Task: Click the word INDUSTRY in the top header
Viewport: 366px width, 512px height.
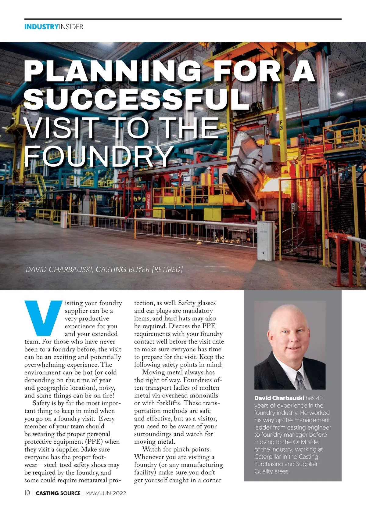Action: tap(41, 27)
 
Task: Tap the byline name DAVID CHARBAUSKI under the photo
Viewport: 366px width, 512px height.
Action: tap(59, 269)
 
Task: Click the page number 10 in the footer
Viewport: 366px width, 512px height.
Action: tap(27, 493)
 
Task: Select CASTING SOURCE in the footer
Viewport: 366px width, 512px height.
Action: tap(58, 493)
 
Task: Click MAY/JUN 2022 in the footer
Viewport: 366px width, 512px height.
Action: tap(106, 493)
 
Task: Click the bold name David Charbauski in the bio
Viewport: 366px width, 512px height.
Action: tap(279, 398)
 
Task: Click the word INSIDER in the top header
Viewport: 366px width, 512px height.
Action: tap(71, 27)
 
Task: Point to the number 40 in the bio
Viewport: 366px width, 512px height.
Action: tap(319, 398)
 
